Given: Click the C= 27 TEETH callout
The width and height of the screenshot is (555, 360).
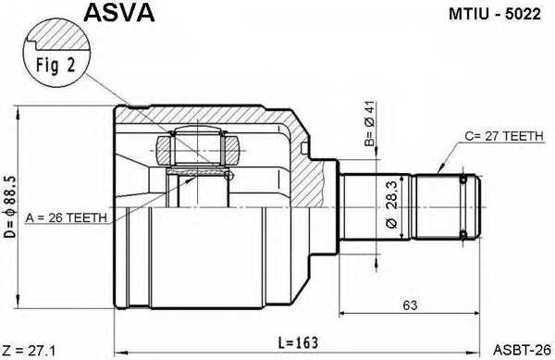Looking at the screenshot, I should (x=504, y=135).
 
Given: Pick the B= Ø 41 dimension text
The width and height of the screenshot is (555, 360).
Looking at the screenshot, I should (x=368, y=129).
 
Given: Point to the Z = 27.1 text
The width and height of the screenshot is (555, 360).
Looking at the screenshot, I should (x=30, y=351).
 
